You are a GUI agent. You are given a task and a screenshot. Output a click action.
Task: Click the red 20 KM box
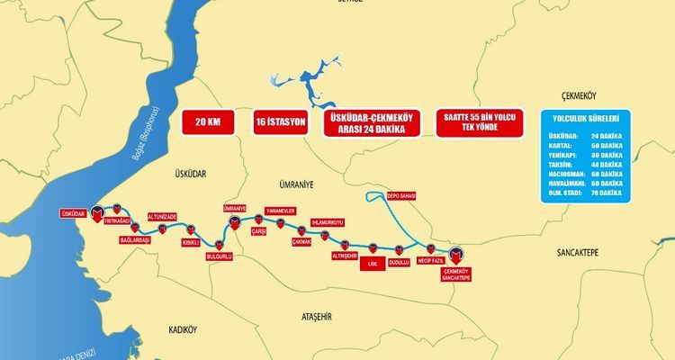pyautogui.click(x=208, y=122)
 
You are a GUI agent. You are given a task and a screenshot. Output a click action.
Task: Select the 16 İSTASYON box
pyautogui.click(x=281, y=122)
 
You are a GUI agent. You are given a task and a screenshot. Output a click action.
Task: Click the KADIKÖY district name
pyautogui.click(x=189, y=329)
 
